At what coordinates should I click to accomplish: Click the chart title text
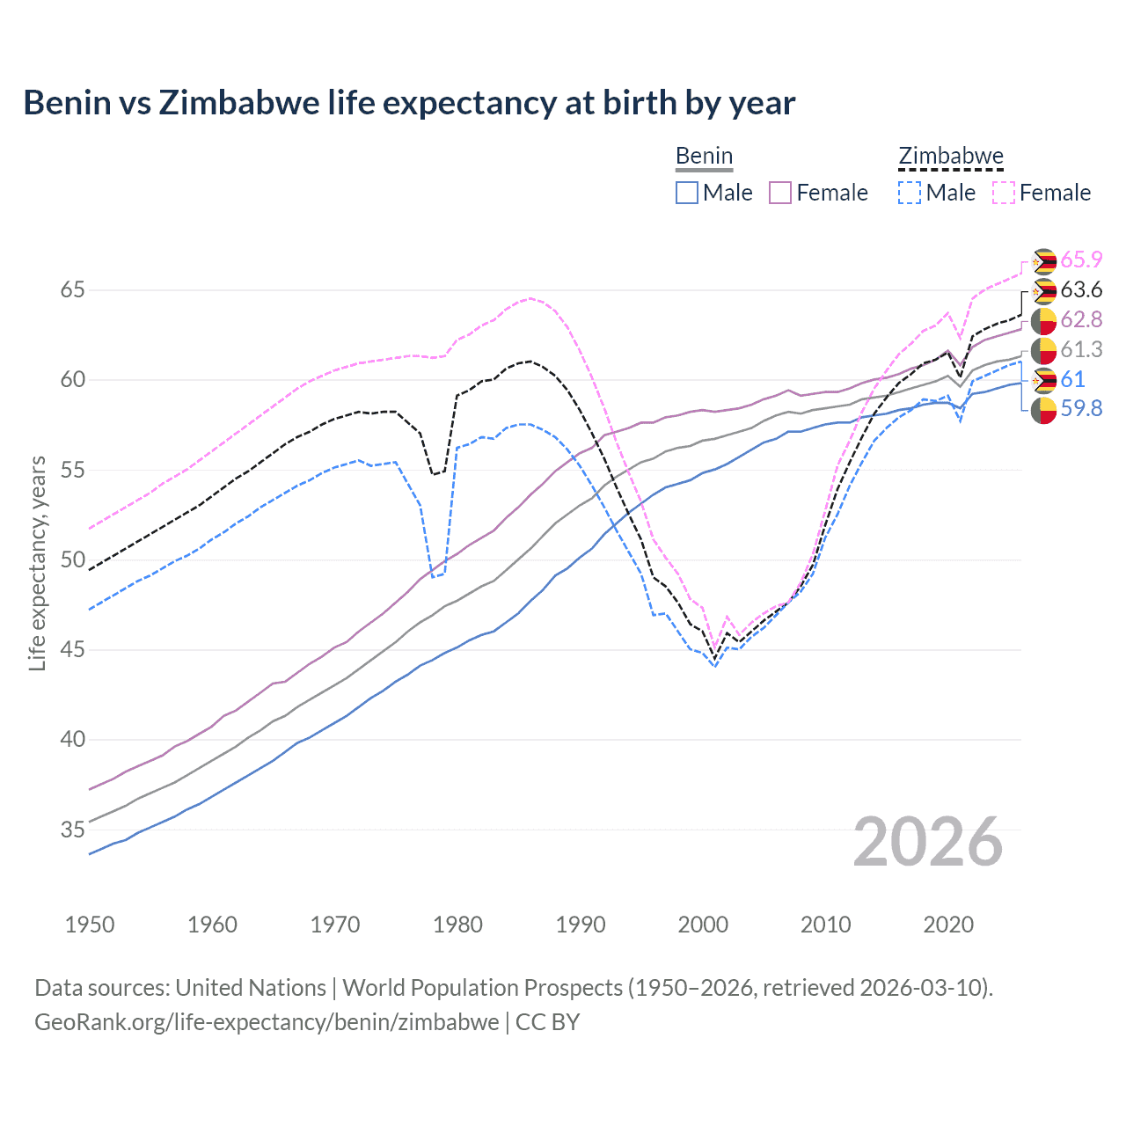tap(409, 103)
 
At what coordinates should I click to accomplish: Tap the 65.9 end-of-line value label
tap(1081, 260)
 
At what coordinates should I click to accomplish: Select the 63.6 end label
tap(1081, 289)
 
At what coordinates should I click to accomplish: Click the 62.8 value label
tap(1081, 319)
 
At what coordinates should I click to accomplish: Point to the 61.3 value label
tap(1081, 349)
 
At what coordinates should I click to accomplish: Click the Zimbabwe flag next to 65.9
tap(1043, 261)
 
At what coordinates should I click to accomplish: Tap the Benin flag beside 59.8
tap(1043, 410)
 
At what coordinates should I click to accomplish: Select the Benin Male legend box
tap(687, 193)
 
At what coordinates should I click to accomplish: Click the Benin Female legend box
tap(780, 193)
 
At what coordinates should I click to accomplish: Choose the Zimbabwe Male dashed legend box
tap(910, 193)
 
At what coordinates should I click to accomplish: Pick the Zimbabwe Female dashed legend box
tap(1004, 193)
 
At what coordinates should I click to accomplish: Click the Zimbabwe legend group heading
tap(950, 157)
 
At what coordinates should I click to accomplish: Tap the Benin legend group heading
tap(704, 157)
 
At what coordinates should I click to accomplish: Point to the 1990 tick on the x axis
tap(581, 925)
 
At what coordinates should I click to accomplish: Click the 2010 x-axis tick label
tap(825, 925)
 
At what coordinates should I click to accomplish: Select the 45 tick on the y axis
tap(73, 650)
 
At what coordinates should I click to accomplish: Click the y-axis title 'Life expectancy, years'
tap(38, 563)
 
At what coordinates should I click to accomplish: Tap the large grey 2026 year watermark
tap(928, 842)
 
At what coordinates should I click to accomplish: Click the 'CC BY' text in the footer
tap(547, 1022)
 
